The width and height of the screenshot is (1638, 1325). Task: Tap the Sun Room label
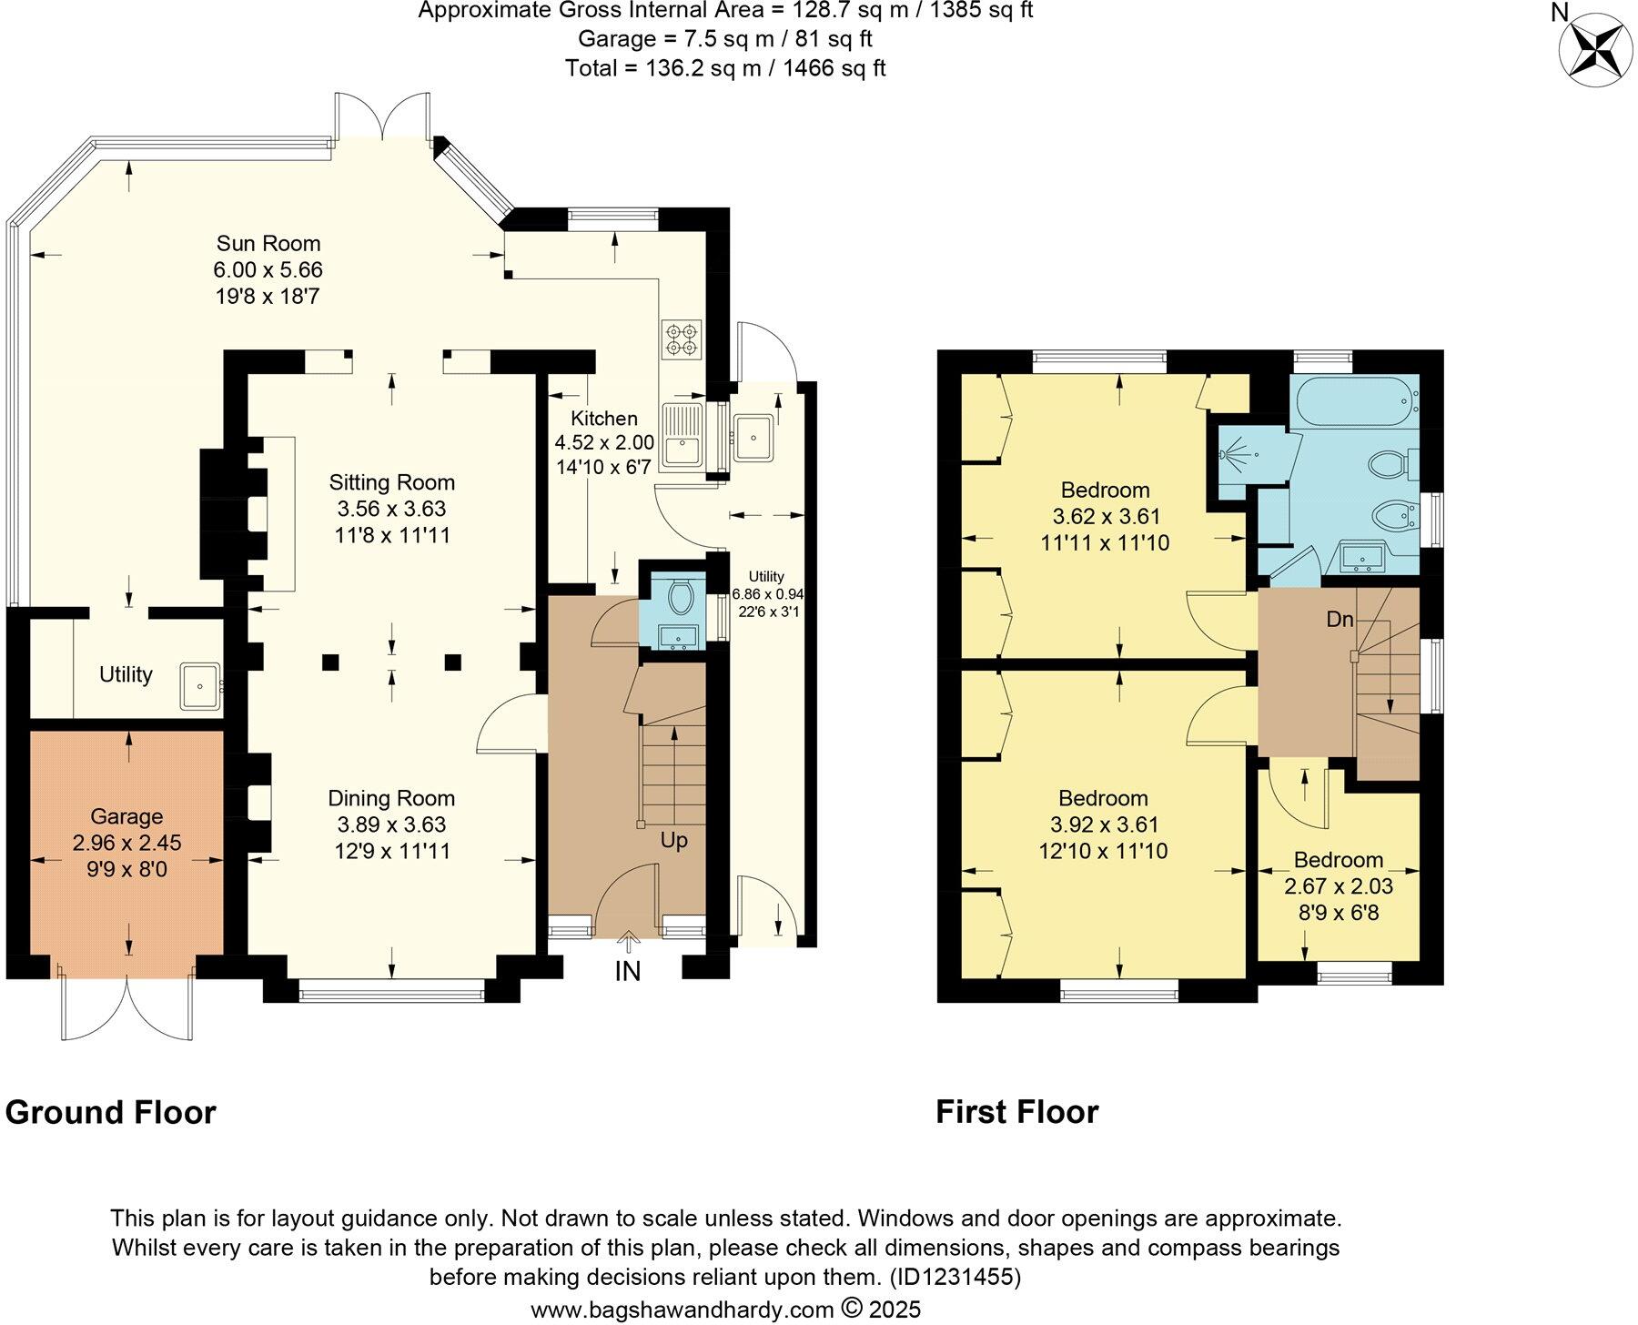[268, 243]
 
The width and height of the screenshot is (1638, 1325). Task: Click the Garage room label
[126, 817]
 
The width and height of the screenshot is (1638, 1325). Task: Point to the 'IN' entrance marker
[628, 972]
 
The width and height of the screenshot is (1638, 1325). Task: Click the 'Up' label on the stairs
[673, 841]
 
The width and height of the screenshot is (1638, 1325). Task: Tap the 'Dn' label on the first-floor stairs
[1340, 620]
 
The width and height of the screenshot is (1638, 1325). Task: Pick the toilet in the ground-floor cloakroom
[682, 597]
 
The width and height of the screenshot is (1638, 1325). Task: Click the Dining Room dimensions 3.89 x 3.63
[391, 824]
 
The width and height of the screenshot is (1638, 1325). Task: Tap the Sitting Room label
[392, 482]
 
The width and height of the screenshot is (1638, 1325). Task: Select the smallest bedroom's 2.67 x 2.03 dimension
[1339, 885]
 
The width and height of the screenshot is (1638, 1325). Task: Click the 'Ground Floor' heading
[111, 1112]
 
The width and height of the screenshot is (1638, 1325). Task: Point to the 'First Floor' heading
[1017, 1112]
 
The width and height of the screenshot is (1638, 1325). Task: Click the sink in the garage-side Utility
[200, 686]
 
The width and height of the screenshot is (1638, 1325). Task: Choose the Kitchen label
[604, 419]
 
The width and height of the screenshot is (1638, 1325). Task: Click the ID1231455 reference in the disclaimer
[955, 1277]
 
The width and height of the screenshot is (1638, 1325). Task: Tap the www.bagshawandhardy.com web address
[682, 1310]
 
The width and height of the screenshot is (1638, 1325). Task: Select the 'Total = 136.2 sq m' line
[725, 68]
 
